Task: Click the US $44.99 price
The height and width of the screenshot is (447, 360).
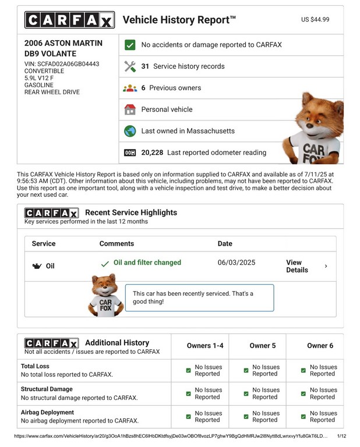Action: coord(315,20)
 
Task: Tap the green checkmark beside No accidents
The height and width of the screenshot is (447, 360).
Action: coord(130,45)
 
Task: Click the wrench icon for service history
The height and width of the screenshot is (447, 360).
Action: coord(130,66)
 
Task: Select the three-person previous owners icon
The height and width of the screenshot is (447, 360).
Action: coord(130,88)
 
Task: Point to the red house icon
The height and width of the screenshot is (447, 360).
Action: coord(130,109)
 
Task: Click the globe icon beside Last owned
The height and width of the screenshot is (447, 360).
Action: coord(130,131)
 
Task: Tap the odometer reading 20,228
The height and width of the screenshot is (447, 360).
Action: coord(152,152)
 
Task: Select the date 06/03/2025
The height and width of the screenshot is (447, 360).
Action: coord(236,263)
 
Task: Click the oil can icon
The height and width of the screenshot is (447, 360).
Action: coord(36,267)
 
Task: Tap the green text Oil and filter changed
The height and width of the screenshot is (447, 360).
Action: coord(147,263)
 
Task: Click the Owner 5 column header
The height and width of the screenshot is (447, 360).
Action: coord(262,346)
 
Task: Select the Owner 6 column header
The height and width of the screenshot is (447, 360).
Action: coord(320,346)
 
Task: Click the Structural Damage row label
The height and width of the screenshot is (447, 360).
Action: coord(47,389)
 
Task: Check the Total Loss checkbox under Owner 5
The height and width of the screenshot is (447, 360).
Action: coord(246,371)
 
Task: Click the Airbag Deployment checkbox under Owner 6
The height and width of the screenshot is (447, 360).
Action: coord(303,417)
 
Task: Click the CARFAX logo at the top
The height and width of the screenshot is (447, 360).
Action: coord(69,20)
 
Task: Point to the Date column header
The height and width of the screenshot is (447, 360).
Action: coord(225,244)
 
